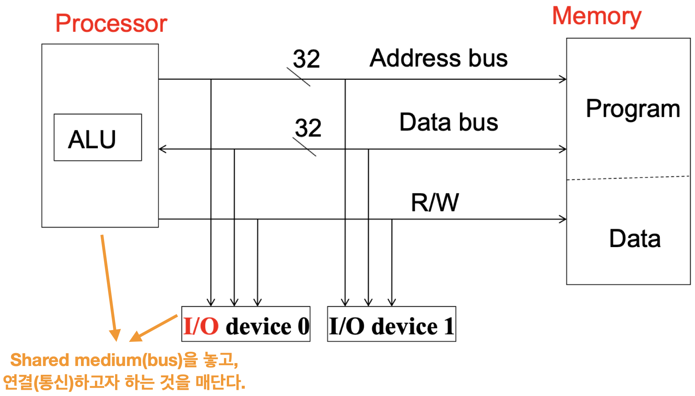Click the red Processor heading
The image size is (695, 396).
[111, 23]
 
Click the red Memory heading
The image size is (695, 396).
[596, 17]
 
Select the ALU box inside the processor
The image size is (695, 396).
[98, 137]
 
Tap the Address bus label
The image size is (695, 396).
[438, 58]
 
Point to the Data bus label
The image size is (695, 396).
[449, 122]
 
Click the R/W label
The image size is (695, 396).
[435, 202]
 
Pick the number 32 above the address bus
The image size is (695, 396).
[306, 59]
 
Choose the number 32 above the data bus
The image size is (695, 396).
[308, 128]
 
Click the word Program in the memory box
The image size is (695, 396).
[633, 109]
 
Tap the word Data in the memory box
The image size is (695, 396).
[635, 239]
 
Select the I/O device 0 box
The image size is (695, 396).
[246, 324]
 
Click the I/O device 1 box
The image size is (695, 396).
[391, 324]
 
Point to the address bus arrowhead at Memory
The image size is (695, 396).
[563, 79]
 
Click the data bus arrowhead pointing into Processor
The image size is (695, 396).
[163, 149]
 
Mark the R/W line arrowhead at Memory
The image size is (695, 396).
[563, 219]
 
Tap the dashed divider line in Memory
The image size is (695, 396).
[628, 178]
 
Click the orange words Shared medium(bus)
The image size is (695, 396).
[96, 360]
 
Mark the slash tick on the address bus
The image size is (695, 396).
[298, 77]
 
